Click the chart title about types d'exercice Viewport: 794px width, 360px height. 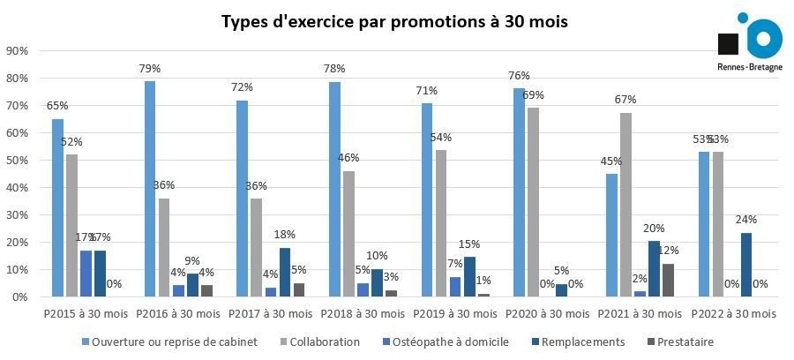tap(394, 21)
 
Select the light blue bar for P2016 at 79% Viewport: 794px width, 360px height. tap(150, 189)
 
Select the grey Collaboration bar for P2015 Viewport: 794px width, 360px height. tap(72, 226)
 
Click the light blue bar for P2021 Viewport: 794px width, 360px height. tap(611, 236)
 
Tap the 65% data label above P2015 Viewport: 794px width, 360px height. tap(57, 106)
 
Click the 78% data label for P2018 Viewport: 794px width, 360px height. tap(334, 70)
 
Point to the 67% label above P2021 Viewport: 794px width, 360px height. tap(625, 100)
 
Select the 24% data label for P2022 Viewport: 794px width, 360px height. tap(746, 219)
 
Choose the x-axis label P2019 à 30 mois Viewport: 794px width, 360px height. tap(457, 314)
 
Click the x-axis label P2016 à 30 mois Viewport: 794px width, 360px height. tap(179, 314)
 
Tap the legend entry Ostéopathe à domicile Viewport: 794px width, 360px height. tap(450, 341)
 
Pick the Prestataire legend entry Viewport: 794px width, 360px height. tap(683, 341)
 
